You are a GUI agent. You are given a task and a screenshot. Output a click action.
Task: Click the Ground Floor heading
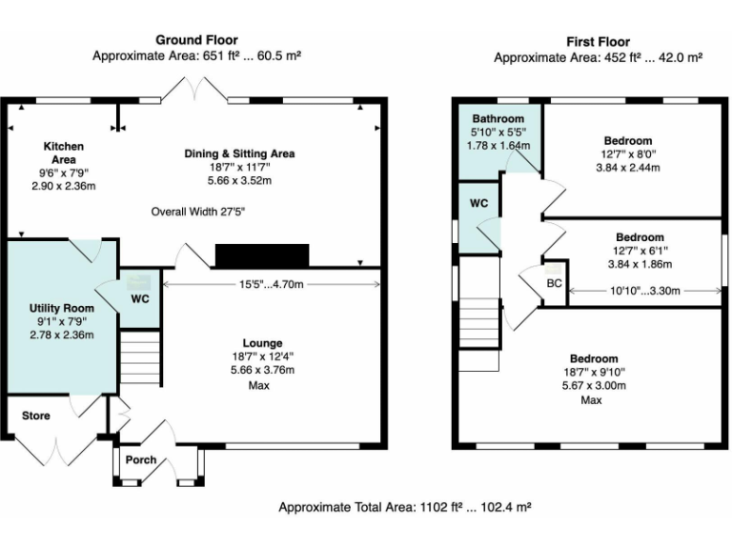point(196,40)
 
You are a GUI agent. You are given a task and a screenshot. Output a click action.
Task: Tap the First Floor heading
point(598,42)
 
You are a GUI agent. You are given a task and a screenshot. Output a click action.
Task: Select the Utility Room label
point(62,308)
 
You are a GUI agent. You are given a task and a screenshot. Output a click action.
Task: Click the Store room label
point(36,416)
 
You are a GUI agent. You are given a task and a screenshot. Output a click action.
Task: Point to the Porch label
point(140,459)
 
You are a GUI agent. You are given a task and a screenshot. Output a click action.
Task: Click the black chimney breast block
point(262,255)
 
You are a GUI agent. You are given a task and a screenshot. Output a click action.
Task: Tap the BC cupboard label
point(554,283)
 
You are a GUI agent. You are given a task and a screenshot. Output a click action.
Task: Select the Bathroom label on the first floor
point(498,118)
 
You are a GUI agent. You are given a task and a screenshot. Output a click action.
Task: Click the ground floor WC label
point(140,298)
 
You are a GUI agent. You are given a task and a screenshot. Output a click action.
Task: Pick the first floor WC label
point(478,203)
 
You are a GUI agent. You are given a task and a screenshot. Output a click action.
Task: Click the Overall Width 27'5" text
point(198,212)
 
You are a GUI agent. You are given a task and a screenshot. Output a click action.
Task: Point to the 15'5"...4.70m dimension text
point(272,284)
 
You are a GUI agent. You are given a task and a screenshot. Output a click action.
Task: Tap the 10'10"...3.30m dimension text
point(644,291)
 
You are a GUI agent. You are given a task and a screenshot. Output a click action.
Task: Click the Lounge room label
point(262,343)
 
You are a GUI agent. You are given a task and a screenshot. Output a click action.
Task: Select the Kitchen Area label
point(64,152)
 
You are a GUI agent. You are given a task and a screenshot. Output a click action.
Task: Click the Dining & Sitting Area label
point(239,153)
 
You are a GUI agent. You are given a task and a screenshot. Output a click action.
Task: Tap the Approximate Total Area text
point(405,507)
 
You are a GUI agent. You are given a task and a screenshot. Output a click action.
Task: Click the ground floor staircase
point(140,357)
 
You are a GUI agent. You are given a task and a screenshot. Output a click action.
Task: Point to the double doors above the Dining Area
point(194,89)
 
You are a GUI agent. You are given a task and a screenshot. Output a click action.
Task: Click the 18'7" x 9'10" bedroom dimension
point(594,372)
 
